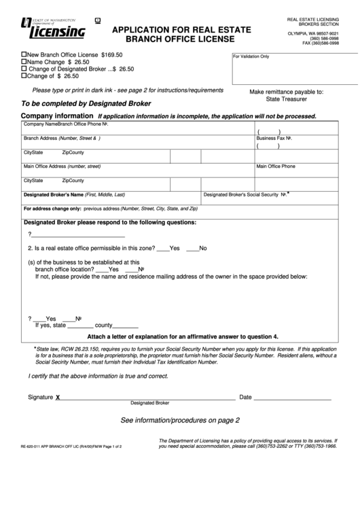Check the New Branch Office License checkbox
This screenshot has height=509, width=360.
(25, 54)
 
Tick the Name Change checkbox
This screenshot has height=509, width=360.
(25, 61)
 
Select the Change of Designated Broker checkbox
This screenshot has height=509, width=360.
(25, 69)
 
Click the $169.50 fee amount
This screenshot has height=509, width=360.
(111, 54)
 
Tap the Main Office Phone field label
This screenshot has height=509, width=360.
(275, 166)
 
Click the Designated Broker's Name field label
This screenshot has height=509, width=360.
(74, 194)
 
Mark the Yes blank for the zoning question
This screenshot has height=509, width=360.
(163, 247)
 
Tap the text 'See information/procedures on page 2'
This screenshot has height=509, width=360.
(180, 420)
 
